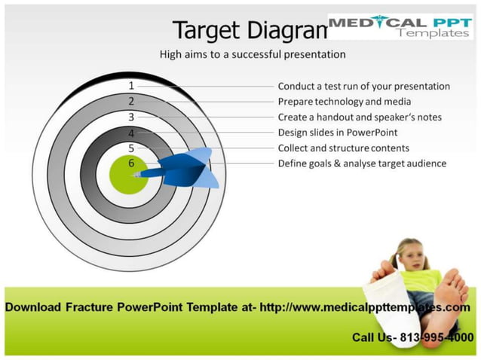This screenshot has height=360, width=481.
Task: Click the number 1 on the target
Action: click(x=131, y=86)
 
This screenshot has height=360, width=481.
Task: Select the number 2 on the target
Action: click(x=131, y=101)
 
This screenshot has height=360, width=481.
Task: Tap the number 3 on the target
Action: click(x=131, y=117)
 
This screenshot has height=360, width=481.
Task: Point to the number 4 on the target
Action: click(x=131, y=133)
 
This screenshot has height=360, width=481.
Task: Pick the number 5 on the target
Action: click(x=131, y=148)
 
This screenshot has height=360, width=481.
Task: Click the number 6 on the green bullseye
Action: click(x=131, y=163)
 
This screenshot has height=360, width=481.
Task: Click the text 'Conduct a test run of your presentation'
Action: click(x=363, y=86)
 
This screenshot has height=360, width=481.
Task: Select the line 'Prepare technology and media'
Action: click(x=345, y=102)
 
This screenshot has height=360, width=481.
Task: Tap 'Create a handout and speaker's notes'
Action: click(x=360, y=117)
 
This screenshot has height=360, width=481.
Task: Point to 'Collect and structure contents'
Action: click(x=343, y=148)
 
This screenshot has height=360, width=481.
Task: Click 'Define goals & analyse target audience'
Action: click(x=362, y=163)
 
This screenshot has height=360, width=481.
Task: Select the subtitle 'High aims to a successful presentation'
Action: click(x=253, y=54)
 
